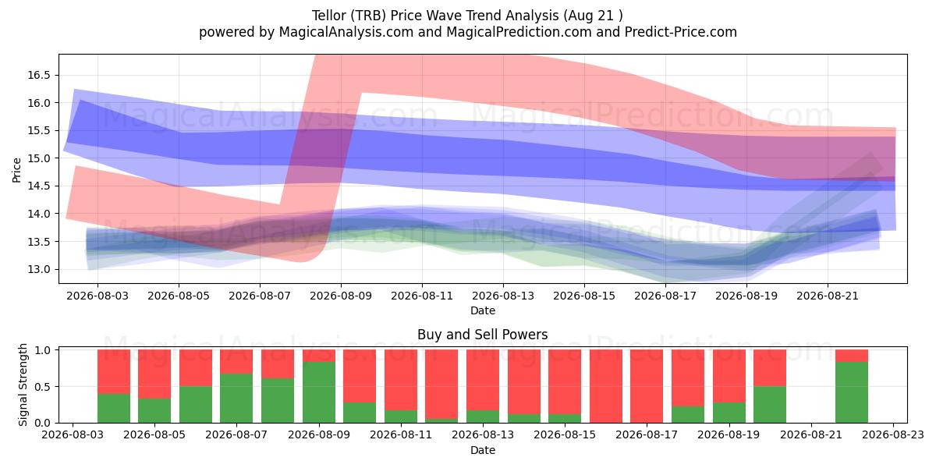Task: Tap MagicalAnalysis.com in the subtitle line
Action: point(346,32)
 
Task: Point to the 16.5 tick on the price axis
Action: point(39,75)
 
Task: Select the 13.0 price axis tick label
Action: point(39,270)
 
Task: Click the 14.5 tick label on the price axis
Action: point(39,186)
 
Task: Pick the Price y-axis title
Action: point(16,170)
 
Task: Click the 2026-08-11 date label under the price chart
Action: point(422,296)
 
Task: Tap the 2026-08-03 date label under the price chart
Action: point(97,296)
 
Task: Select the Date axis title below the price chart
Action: point(483,310)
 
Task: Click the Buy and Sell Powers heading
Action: point(483,335)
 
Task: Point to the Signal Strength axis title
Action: point(23,385)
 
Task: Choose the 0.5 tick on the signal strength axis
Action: point(44,387)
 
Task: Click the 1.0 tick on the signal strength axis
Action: point(44,350)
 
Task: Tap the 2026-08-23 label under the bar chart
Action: point(893,435)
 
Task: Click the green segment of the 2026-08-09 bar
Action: point(319,392)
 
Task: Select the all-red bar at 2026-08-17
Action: point(647,386)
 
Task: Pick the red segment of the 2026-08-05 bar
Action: point(154,374)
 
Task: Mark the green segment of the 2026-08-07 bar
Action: point(236,399)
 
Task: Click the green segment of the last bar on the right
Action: point(852,392)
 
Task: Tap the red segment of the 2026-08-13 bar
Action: point(483,380)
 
